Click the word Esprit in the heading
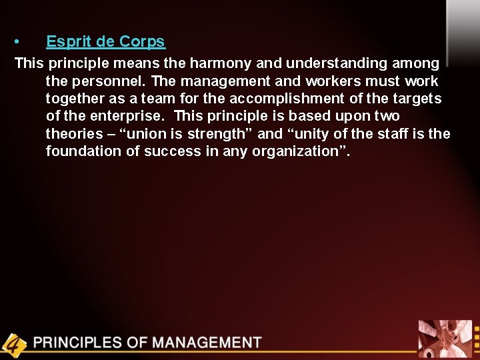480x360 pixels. tap(69, 41)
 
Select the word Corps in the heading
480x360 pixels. tap(142, 41)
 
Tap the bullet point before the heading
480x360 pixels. tap(18, 42)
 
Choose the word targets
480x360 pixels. tap(415, 99)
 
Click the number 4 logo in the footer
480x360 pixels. tap(13, 344)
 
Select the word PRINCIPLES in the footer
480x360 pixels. tap(78, 343)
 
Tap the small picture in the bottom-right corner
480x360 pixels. tap(445, 339)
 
